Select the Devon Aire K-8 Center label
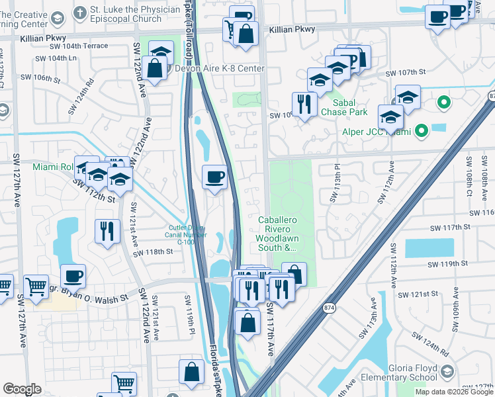219,69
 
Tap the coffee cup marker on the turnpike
214,177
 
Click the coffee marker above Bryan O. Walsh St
73,276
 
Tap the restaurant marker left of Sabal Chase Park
304,104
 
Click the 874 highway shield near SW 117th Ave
328,308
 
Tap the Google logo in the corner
22,389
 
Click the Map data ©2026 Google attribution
454,392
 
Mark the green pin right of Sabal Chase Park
444,103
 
